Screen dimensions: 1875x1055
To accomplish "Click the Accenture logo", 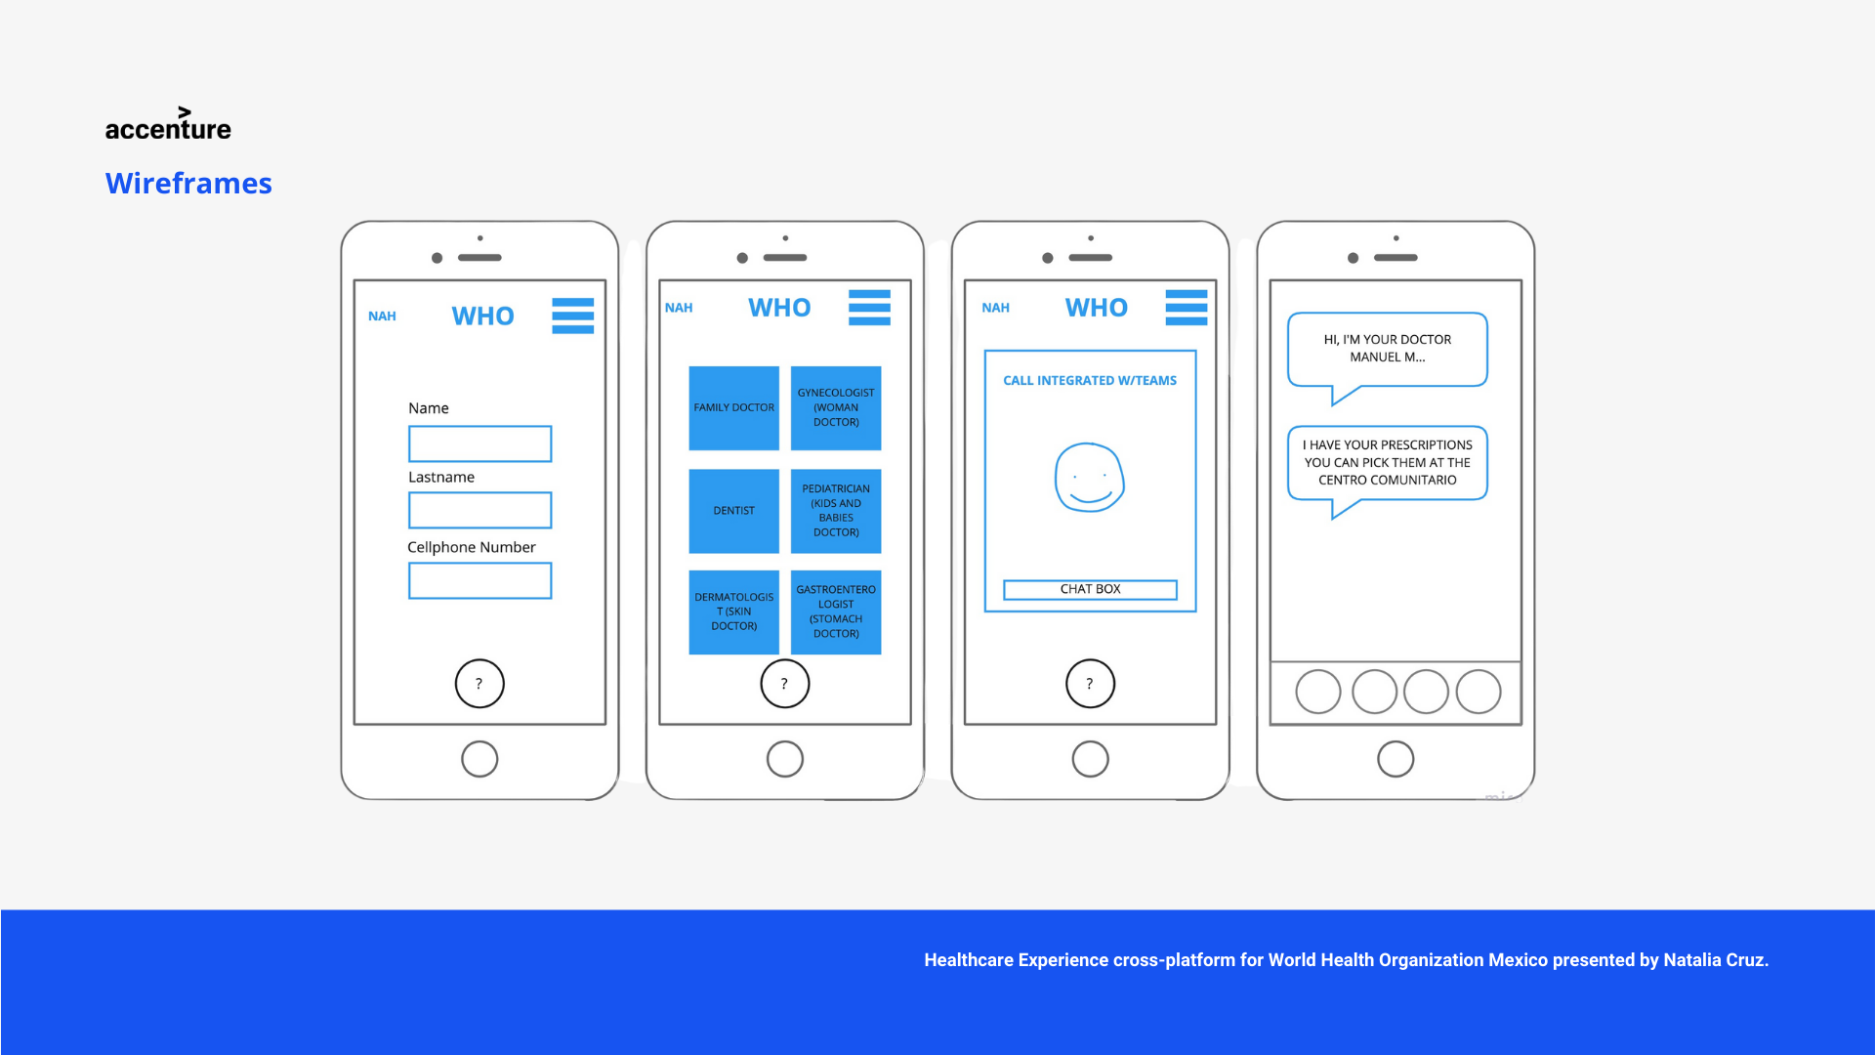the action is tap(168, 125).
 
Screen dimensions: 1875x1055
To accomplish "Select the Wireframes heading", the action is tap(188, 183).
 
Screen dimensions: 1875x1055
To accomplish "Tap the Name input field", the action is tap(479, 443).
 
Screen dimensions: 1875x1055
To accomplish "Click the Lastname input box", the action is tap(479, 510).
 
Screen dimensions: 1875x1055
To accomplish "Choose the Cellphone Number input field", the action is tap(479, 580).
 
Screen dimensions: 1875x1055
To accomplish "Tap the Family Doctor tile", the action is tap(733, 408).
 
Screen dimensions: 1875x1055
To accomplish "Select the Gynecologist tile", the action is tap(836, 408).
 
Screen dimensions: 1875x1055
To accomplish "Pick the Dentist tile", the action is tap(733, 511).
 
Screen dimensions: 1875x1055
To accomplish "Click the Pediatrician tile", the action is tap(836, 511).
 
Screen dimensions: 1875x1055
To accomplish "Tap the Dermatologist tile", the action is tap(733, 612).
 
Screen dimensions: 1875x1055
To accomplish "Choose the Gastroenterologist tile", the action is tap(836, 612).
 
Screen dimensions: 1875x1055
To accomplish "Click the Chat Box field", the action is tap(1090, 589).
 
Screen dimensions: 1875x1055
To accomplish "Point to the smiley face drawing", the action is tap(1089, 478).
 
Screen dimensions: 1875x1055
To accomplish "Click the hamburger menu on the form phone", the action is tap(572, 316).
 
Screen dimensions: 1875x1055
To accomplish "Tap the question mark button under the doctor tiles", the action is tap(784, 684).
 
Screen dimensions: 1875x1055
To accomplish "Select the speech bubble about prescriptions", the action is tap(1387, 463).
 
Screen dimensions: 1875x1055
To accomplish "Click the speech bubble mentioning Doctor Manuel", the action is tap(1387, 349).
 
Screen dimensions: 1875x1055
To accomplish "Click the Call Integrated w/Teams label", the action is tap(1090, 381).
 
